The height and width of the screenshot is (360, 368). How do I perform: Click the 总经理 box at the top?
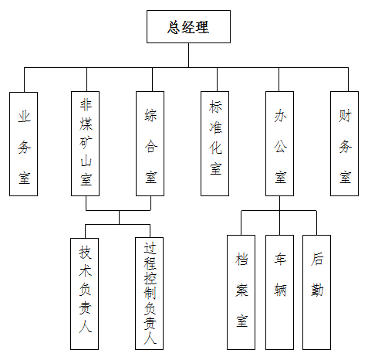tap(188, 26)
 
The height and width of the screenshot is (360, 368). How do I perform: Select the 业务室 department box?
tap(23, 144)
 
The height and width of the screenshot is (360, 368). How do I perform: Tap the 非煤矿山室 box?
tap(85, 144)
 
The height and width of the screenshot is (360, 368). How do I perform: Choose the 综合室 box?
tap(150, 144)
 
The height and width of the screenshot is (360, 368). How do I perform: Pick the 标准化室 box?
tap(214, 144)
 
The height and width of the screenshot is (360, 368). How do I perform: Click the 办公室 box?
tap(279, 144)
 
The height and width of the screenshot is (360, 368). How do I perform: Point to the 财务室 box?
tap(344, 144)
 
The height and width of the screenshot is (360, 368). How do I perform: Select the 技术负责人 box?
tap(84, 294)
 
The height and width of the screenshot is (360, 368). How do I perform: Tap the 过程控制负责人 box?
tap(149, 294)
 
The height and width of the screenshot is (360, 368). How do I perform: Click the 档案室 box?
tap(241, 292)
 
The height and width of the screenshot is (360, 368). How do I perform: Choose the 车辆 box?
tap(279, 292)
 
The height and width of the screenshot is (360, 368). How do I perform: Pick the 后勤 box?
tap(316, 292)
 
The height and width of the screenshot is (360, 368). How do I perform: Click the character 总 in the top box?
tap(174, 27)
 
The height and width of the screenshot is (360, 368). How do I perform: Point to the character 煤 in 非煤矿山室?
tap(86, 124)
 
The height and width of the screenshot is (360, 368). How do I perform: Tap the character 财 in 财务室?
tap(345, 116)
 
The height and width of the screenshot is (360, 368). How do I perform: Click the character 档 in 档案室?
tap(241, 259)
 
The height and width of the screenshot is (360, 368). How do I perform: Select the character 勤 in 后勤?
tap(317, 290)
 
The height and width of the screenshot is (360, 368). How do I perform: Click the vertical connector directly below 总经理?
tap(188, 56)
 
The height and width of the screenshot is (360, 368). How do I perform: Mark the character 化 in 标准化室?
tap(215, 148)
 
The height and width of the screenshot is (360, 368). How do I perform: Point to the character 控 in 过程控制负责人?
tap(150, 278)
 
